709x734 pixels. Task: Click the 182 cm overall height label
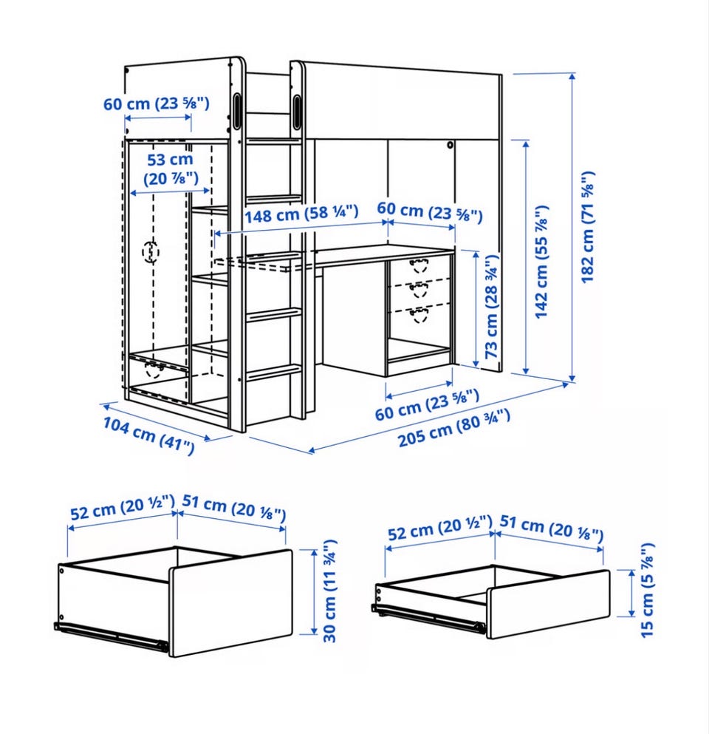587,227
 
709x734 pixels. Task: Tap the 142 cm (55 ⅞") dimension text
541,262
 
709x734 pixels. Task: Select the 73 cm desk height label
492,307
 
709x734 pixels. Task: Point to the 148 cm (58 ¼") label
301,214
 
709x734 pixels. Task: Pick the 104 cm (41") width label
148,435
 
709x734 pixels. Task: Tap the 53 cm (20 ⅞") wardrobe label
171,169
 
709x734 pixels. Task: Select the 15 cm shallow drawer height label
647,590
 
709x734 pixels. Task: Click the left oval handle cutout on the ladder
237,110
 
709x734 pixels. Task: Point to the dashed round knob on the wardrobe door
151,252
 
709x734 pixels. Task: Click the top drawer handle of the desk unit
419,265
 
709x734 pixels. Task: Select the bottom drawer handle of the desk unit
419,315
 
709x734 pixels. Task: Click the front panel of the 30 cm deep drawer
230,603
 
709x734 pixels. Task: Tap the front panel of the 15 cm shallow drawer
548,605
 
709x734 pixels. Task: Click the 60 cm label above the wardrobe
157,103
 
